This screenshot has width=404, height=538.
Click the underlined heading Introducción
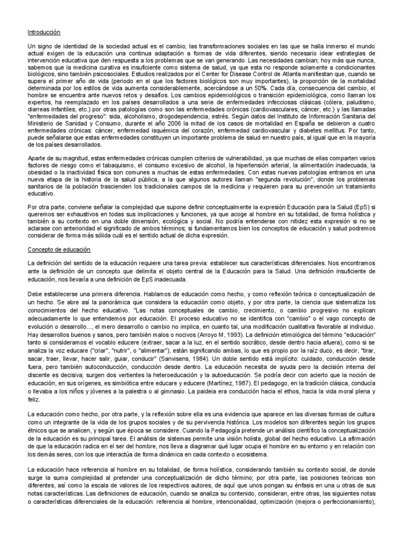(44, 33)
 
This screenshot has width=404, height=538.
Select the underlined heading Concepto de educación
(59, 250)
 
